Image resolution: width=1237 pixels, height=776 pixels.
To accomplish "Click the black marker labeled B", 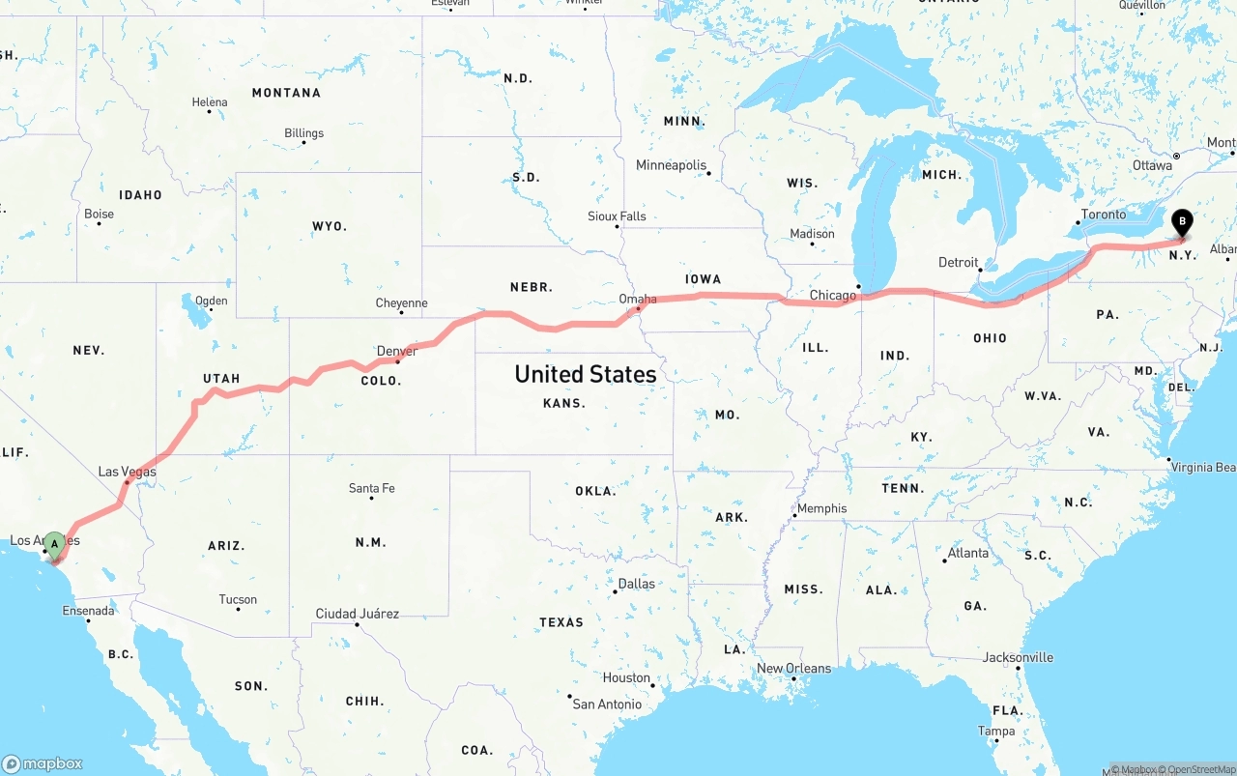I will (1181, 223).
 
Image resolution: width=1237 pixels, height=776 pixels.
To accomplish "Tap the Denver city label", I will (397, 351).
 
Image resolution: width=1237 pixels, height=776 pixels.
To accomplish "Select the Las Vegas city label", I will (127, 472).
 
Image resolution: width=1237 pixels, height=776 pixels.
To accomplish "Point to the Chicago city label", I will (832, 295).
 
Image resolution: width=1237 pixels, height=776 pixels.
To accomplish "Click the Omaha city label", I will (637, 299).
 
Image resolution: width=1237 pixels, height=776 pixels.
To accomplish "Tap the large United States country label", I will (585, 374).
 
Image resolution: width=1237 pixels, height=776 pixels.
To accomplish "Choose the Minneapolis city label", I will (671, 165).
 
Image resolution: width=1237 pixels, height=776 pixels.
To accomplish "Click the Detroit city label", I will (958, 263).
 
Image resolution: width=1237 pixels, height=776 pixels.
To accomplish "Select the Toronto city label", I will (1103, 215).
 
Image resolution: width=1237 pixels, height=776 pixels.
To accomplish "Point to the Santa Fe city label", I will (371, 488).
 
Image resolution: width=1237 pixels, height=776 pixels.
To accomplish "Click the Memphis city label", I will (821, 508).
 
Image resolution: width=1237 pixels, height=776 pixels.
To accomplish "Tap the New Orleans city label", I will (792, 668).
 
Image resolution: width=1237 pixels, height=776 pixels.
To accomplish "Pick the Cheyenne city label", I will (401, 303).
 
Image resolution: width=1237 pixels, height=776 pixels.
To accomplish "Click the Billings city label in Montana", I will (303, 133).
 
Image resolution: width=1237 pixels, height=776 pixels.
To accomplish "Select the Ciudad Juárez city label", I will (357, 614).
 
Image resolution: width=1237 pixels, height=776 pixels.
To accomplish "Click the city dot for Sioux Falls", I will (618, 226).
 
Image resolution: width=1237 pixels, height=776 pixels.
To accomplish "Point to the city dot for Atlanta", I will (944, 560).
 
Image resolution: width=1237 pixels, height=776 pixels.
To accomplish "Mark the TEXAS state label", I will (561, 622).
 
